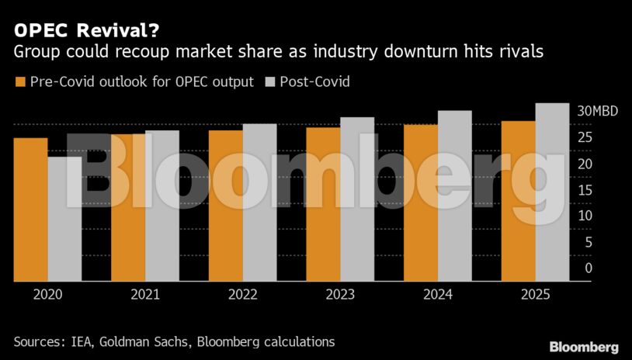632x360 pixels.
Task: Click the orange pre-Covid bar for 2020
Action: pos(30,209)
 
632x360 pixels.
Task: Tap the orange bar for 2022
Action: pos(225,206)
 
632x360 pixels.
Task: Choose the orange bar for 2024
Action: pos(421,202)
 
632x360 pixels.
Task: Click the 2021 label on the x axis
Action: pos(145,295)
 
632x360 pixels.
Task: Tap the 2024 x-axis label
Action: pos(437,295)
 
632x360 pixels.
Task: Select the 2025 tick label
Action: pos(535,295)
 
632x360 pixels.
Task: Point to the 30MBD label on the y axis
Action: pos(598,112)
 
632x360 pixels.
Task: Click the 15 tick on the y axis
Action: pos(589,190)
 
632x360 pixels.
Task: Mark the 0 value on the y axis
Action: pos(589,268)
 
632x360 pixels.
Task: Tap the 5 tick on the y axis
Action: pos(589,242)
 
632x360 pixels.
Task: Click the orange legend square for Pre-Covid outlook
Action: pos(20,81)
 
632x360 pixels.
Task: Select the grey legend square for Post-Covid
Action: pos(271,81)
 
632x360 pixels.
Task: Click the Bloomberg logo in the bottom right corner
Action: pos(584,347)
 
